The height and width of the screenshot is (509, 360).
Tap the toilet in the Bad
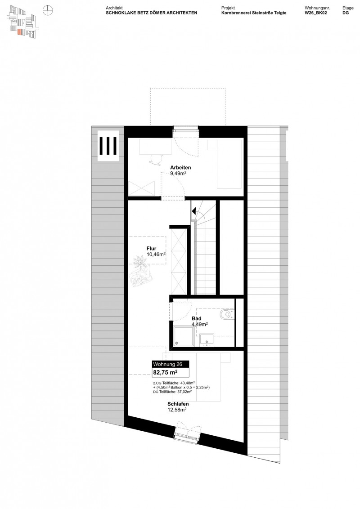[226, 316]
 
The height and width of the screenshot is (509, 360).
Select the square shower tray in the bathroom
[183, 336]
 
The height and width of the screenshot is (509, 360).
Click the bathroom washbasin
[207, 340]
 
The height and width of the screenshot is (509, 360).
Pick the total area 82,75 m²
[165, 372]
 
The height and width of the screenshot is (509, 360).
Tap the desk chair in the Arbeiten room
[156, 160]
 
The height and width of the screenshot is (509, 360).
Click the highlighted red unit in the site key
[19, 32]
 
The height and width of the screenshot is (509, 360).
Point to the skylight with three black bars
[108, 145]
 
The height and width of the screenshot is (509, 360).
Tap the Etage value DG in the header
[345, 13]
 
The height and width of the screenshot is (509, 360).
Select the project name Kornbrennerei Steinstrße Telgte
[254, 13]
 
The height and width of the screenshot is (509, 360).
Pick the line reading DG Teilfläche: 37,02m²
[172, 392]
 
